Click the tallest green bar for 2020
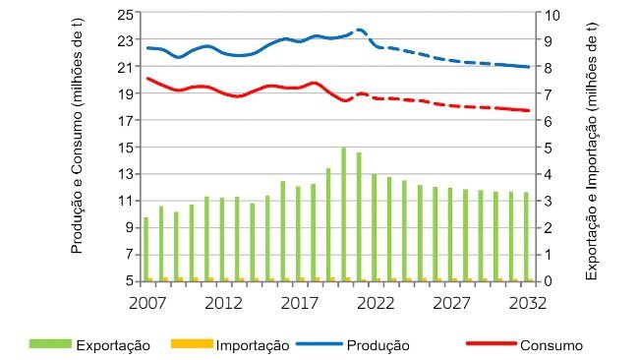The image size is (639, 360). click(x=343, y=214)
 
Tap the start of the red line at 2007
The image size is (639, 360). click(x=146, y=78)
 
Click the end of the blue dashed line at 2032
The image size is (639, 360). click(x=529, y=67)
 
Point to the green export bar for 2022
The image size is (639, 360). click(x=374, y=227)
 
